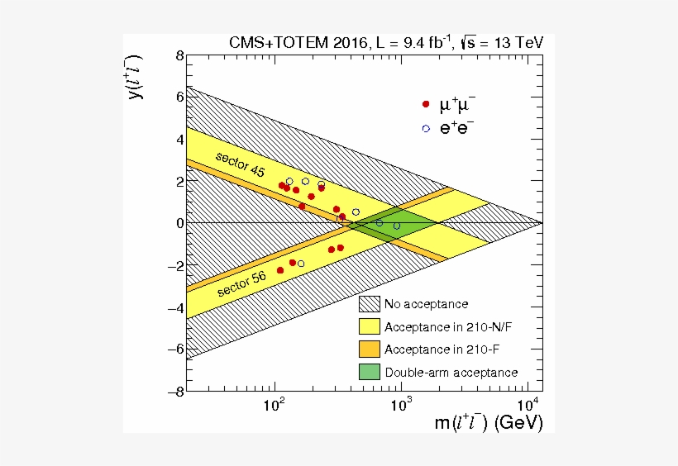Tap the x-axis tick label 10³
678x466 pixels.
(x=401, y=406)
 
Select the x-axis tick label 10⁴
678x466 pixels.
(x=528, y=406)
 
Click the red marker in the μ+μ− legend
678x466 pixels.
(x=426, y=105)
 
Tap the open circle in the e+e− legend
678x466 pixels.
(x=426, y=128)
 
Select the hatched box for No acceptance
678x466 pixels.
(x=369, y=304)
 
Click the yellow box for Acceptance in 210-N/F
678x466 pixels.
(x=369, y=327)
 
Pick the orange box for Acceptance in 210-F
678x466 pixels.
(x=369, y=349)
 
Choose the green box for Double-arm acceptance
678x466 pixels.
(x=369, y=373)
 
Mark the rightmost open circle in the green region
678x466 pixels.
(x=396, y=226)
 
